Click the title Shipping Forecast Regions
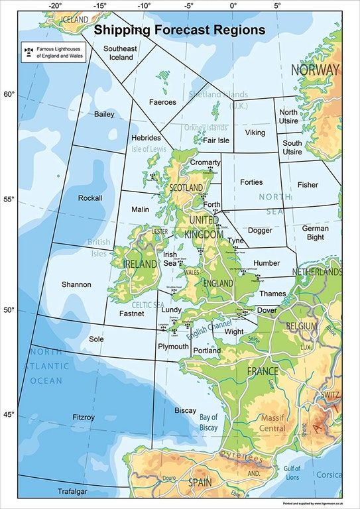click(179, 30)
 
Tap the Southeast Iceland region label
click(121, 53)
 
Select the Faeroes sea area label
click(162, 102)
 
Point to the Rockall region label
click(90, 198)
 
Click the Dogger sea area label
click(260, 231)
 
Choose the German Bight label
click(315, 233)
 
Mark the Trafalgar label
click(72, 492)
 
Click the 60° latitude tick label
click(9, 94)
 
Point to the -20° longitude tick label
click(55, 6)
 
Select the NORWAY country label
click(315, 70)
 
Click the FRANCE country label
click(263, 371)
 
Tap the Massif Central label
click(272, 424)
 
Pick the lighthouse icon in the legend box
click(28, 50)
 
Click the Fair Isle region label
click(215, 141)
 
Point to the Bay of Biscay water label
click(208, 422)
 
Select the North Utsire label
click(288, 117)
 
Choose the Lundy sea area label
click(171, 310)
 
